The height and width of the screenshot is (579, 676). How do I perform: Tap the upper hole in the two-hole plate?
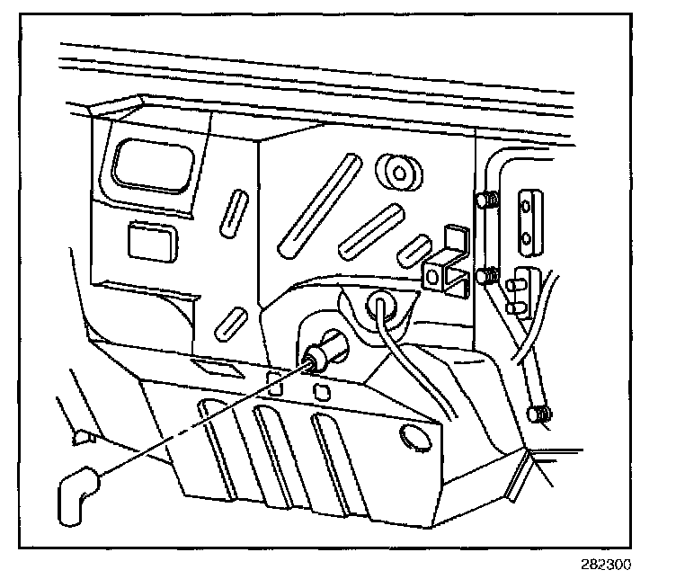527,206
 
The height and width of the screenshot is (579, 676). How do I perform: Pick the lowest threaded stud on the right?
539,414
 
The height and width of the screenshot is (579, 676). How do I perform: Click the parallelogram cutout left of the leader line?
212,367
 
